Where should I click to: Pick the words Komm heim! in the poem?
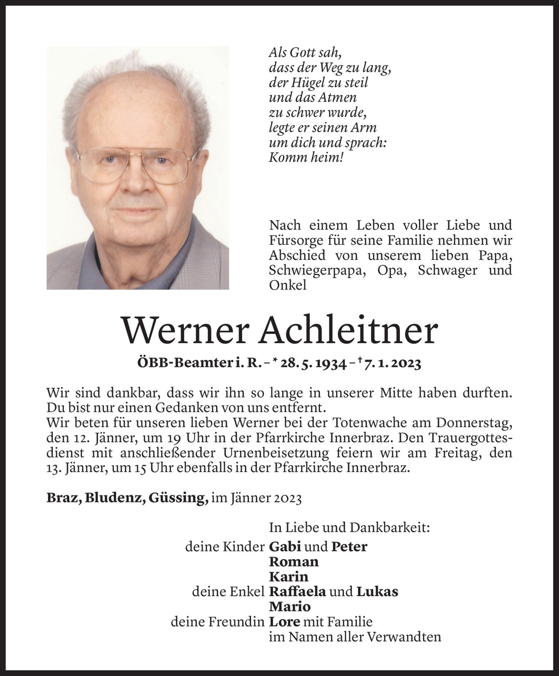point(306,158)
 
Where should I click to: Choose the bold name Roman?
point(294,562)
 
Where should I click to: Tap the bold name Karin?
point(289,577)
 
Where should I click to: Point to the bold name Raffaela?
point(298,592)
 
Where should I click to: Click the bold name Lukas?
point(377,592)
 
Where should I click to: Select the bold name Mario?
point(290,606)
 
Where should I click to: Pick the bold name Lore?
point(284,622)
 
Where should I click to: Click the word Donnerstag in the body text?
point(474,423)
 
